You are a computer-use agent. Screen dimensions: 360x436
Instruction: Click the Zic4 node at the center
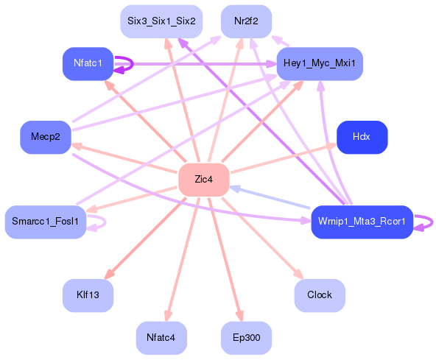[204, 180]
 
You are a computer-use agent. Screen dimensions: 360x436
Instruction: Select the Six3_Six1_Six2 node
[161, 21]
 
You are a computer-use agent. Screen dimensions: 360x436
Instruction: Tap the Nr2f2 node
[246, 21]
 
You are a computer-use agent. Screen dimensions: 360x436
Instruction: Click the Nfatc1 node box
[87, 64]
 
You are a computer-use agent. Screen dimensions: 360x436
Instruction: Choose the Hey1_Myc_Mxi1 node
[319, 64]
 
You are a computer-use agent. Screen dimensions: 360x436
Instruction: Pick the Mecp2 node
[45, 137]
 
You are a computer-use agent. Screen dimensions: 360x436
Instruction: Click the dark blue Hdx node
[361, 137]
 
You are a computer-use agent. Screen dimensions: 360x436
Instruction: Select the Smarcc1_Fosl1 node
[45, 222]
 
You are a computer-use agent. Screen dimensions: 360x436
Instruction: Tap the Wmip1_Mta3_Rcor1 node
[361, 222]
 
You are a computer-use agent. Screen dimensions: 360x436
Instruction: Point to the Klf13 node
[87, 295]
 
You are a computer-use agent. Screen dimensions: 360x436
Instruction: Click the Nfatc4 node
[161, 338]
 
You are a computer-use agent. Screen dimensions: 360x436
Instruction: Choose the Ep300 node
[246, 338]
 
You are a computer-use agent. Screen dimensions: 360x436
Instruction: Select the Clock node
[319, 295]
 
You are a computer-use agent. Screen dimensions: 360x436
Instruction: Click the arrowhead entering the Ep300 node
[239, 317]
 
